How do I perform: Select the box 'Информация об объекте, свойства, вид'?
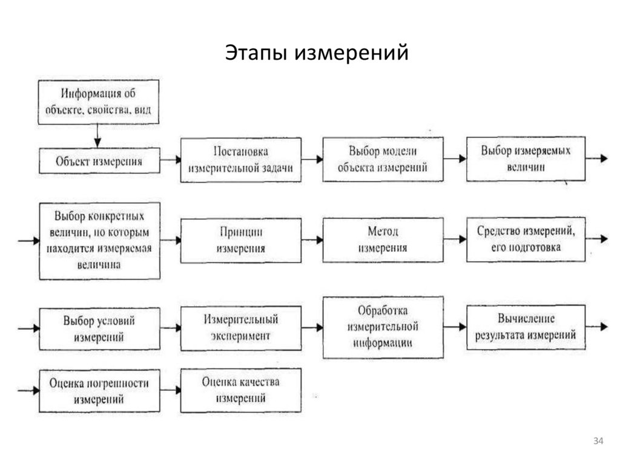point(99,102)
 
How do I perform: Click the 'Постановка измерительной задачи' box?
point(240,160)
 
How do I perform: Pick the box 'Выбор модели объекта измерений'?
point(383,160)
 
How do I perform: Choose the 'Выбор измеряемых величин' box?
point(526,158)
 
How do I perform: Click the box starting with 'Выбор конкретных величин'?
point(99,240)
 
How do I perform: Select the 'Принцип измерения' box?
point(240,240)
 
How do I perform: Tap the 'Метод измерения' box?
point(383,240)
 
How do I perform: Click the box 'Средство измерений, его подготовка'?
point(526,239)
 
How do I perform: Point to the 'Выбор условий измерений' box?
point(99,328)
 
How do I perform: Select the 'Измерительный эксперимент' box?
point(240,327)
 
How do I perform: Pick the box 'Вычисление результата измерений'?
point(526,327)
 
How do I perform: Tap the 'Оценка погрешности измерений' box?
point(99,391)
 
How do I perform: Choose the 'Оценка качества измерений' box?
point(240,390)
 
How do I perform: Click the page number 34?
point(598,440)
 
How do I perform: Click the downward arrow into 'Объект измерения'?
point(97,136)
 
